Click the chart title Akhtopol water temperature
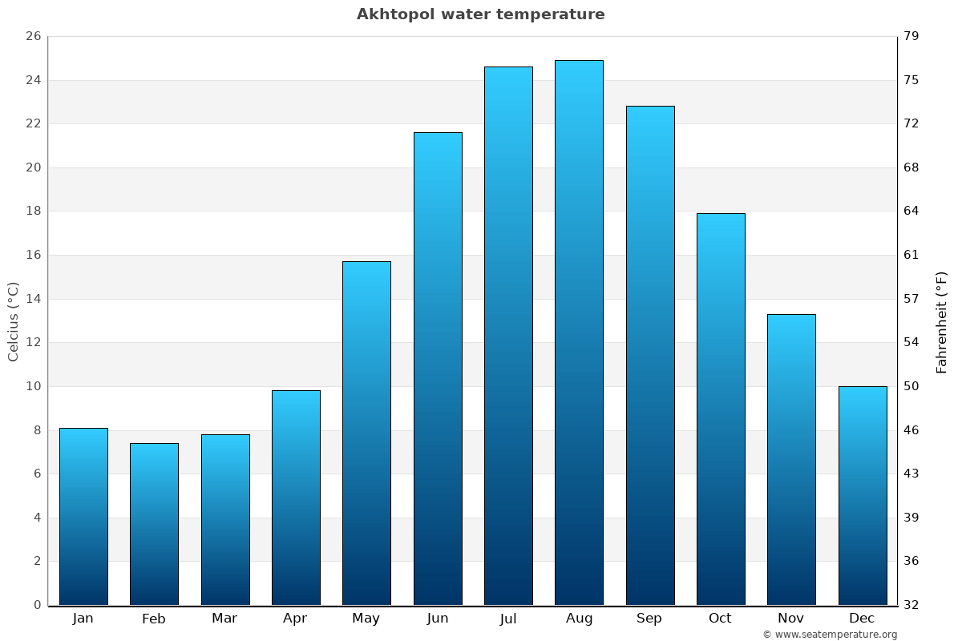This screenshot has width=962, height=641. click(481, 14)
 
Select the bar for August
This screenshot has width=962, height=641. click(579, 333)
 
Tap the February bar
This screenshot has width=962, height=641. click(154, 524)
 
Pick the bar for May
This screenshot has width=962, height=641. click(366, 433)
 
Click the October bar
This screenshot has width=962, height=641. click(721, 409)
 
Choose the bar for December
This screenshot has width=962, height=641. click(863, 495)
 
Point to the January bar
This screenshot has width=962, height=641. click(83, 516)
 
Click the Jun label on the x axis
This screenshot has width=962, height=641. click(438, 619)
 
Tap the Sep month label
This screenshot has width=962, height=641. click(649, 619)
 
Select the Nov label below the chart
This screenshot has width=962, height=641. click(791, 619)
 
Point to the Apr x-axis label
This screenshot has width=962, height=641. click(295, 619)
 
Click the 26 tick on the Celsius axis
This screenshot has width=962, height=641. click(33, 36)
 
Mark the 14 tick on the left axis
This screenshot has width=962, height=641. click(33, 299)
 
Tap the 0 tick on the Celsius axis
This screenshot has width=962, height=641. click(37, 605)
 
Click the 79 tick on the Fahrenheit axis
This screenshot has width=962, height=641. click(912, 36)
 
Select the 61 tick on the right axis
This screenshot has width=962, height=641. click(912, 255)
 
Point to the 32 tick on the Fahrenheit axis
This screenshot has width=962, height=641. click(912, 605)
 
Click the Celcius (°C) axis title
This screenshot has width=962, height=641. click(14, 321)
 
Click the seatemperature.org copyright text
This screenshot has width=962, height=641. click(830, 635)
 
